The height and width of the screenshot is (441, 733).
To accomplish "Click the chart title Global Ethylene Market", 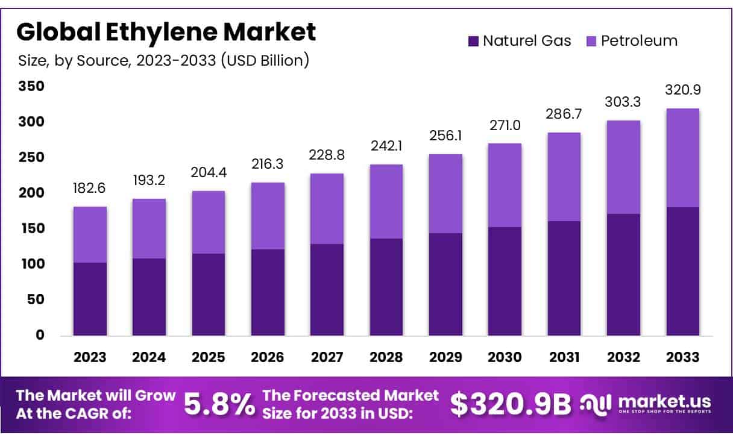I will pyautogui.click(x=166, y=32).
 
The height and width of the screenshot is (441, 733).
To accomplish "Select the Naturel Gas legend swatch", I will pyautogui.click(x=473, y=42).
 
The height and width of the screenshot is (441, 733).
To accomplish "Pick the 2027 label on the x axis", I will pyautogui.click(x=327, y=357).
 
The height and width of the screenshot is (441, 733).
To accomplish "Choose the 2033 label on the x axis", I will pyautogui.click(x=683, y=357).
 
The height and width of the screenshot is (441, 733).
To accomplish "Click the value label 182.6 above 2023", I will pyautogui.click(x=90, y=188).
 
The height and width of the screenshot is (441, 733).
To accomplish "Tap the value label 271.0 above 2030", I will pyautogui.click(x=505, y=125).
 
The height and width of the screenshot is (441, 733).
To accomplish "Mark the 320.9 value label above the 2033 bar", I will pyautogui.click(x=682, y=90).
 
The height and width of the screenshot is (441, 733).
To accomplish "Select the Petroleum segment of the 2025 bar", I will pyautogui.click(x=209, y=222).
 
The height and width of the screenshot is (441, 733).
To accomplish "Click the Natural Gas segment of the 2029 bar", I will pyautogui.click(x=445, y=284).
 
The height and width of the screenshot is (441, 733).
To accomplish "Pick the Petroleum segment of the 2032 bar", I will pyautogui.click(x=623, y=167).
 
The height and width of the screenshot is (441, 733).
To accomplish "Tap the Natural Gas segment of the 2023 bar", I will pyautogui.click(x=90, y=299).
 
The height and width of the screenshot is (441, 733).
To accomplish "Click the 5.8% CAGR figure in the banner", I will pyautogui.click(x=219, y=405).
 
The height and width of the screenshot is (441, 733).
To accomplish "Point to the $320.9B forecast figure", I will pyautogui.click(x=510, y=405).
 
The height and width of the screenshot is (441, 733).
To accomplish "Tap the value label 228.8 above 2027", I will pyautogui.click(x=327, y=155).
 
